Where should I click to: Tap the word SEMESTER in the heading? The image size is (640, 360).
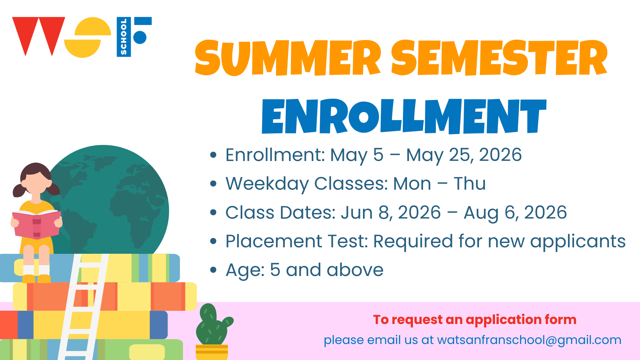tap(499, 57)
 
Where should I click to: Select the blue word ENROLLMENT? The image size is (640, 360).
tap(404, 116)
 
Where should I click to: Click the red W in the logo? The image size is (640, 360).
tap(39, 36)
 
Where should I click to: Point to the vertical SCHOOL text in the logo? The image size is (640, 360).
tap(124, 37)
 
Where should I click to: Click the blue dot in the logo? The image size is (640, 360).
tap(140, 37)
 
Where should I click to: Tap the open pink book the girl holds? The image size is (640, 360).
tap(37, 224)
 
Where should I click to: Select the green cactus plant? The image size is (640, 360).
tap(213, 325)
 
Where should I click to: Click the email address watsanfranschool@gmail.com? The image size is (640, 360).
tap(529, 340)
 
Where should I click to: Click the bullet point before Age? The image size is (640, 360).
tap(213, 270)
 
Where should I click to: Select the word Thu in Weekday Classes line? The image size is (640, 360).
tap(469, 183)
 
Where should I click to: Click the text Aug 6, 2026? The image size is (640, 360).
tap(515, 213)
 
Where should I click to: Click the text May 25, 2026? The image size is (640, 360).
tap(464, 155)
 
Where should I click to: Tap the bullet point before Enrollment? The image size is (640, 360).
tap(213, 155)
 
